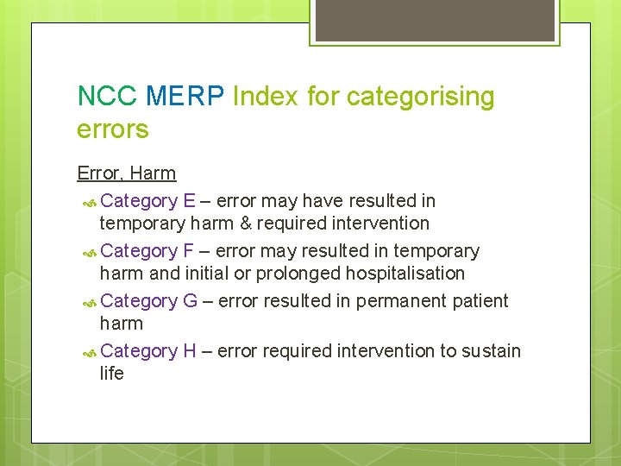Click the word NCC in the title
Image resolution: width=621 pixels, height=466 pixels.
pos(107,96)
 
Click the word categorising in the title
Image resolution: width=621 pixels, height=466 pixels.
pos(420,98)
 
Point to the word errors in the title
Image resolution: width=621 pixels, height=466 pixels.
pos(112,129)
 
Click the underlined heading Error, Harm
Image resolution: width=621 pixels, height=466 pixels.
pos(126,173)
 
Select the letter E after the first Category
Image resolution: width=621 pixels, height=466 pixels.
pos(189,201)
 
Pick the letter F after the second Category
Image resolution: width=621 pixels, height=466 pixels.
pos(189,251)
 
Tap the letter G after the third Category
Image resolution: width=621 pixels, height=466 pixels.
pos(190,301)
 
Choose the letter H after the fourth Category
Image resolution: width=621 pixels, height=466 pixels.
pos(190,351)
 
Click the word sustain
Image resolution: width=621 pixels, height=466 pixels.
pos(491,351)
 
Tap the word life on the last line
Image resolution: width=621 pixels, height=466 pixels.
pos(111,374)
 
